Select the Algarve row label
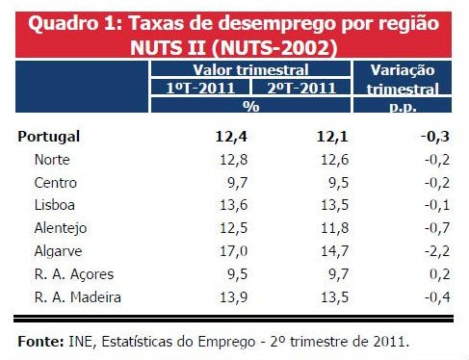pyautogui.click(x=56, y=250)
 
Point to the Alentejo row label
pyautogui.click(x=59, y=227)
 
